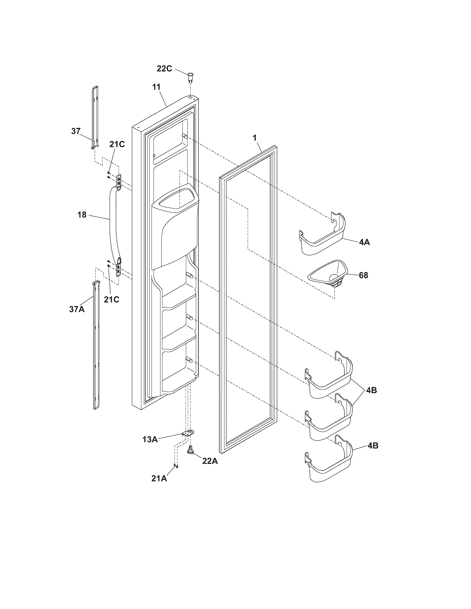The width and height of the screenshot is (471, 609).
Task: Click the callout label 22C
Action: pos(164,68)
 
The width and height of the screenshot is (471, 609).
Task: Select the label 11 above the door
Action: pos(156,87)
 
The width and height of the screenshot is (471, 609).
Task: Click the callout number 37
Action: pos(76,131)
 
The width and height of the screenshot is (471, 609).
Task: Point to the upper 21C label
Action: pos(117,144)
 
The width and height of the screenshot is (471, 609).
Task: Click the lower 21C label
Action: pos(111,300)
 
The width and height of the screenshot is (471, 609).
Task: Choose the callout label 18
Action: pos(82,215)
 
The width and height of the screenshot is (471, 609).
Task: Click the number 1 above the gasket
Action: pos(254,138)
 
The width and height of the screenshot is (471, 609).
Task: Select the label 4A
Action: pos(364,242)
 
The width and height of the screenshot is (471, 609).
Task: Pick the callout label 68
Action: pos(363,275)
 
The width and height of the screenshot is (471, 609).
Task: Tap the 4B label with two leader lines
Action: pos(371,390)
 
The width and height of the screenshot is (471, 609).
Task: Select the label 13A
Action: pos(150,440)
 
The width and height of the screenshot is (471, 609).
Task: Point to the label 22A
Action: pos(210,461)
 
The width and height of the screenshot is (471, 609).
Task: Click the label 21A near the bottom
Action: pos(159,479)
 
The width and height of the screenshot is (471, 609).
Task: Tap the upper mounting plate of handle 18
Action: pos(119,181)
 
